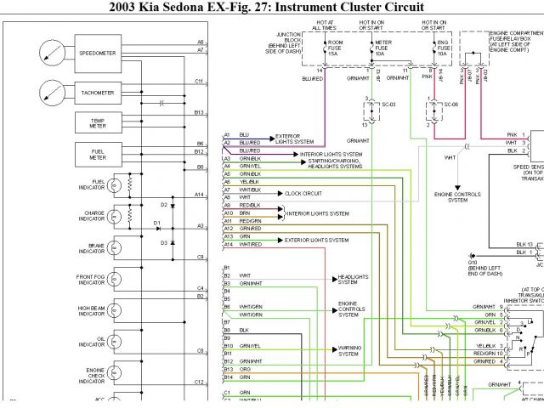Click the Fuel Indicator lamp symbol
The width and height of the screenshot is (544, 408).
(114, 184)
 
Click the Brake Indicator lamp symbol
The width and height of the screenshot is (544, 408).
(114, 247)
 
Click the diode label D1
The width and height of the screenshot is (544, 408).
(157, 223)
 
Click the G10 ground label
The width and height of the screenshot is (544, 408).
(473, 263)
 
